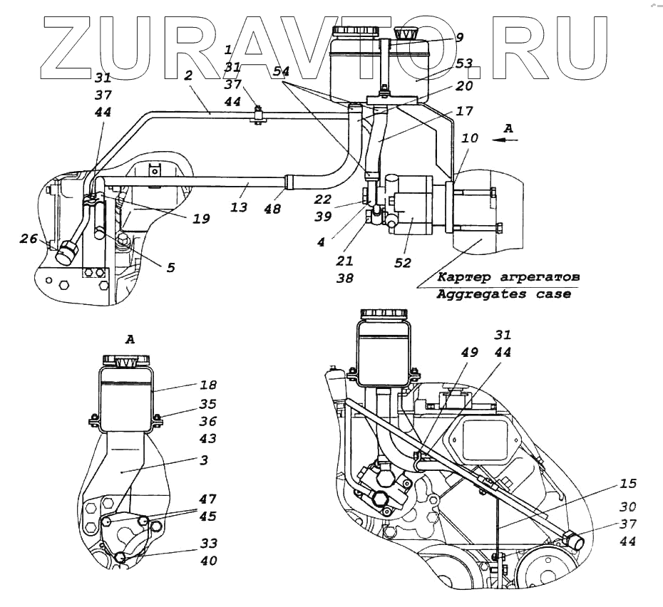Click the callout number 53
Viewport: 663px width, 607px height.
tap(464, 64)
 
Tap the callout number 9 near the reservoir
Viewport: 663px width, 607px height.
tap(460, 37)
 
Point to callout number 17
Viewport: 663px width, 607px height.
tap(464, 111)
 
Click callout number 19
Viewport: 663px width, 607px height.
tap(201, 219)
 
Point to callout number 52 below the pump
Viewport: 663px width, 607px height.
tap(403, 262)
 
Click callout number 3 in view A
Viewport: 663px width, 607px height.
tap(204, 460)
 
